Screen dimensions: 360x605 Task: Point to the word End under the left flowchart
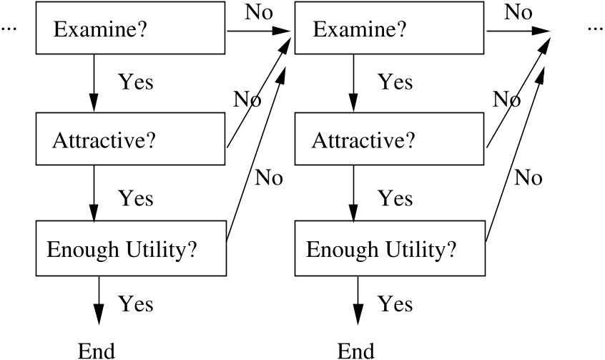pyautogui.click(x=96, y=350)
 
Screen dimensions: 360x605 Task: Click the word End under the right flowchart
pyautogui.click(x=355, y=350)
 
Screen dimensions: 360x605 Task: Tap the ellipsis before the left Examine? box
pyautogui.click(x=9, y=30)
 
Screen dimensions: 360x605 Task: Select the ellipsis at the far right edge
pyautogui.click(x=595, y=30)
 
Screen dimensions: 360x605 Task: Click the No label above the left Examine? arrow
pyautogui.click(x=258, y=12)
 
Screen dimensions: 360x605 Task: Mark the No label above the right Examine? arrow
pyautogui.click(x=518, y=12)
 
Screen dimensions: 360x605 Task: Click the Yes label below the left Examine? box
pyautogui.click(x=136, y=82)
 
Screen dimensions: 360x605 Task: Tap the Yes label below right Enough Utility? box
pyautogui.click(x=395, y=303)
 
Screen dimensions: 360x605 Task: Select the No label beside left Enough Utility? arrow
pyautogui.click(x=269, y=177)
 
